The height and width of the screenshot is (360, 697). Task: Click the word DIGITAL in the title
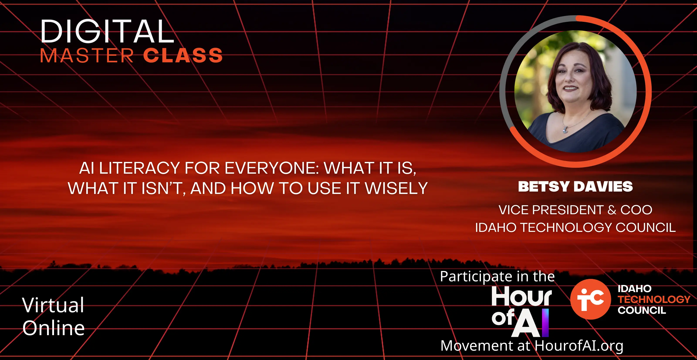[x=107, y=31]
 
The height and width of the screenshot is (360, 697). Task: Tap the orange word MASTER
[x=87, y=56]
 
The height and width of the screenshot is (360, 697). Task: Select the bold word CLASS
[x=183, y=56]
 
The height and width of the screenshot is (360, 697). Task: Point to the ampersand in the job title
[x=612, y=210]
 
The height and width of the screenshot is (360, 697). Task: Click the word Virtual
[x=53, y=305]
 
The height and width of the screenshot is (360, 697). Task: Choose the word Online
[x=54, y=328]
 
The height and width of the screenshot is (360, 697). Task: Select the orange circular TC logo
[x=590, y=299]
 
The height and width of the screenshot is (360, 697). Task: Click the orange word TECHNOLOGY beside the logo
[x=654, y=299]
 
